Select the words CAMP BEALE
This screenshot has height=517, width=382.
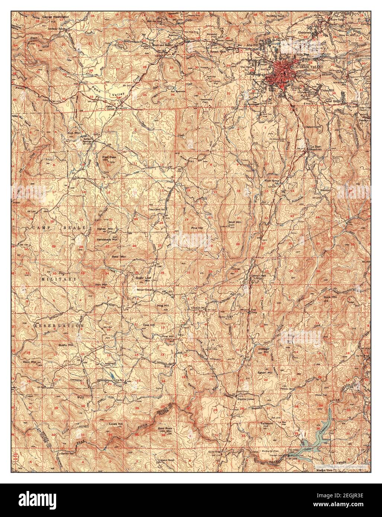[x=59, y=227]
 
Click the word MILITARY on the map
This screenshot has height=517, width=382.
[x=58, y=278]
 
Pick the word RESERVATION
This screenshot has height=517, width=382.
[x=59, y=325]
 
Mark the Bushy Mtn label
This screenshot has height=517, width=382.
[x=66, y=345]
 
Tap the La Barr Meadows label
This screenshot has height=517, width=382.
[x=315, y=148]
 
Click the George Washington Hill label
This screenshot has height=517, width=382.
[x=55, y=19]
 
